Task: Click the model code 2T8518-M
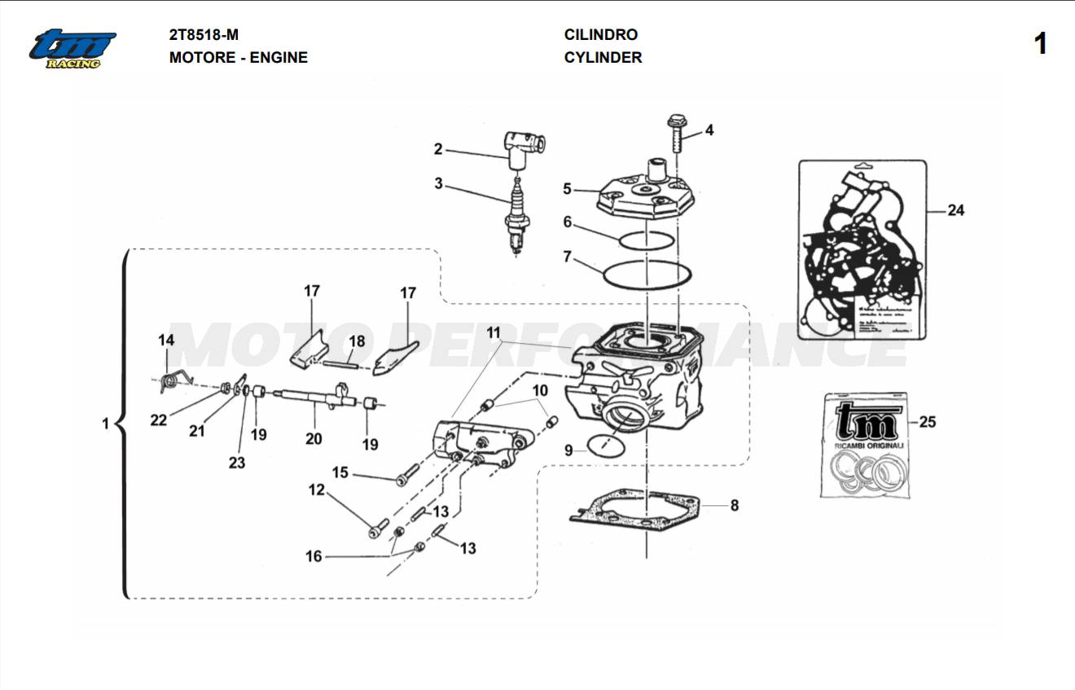coord(204,35)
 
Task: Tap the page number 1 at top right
coord(1040,44)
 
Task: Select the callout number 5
coord(567,189)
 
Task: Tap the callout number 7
coord(567,257)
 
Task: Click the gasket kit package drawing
coord(862,250)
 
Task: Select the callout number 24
coord(955,210)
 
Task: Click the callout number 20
coord(314,438)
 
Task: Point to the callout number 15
coord(340,472)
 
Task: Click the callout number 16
coord(314,556)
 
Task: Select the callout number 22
coord(158,420)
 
